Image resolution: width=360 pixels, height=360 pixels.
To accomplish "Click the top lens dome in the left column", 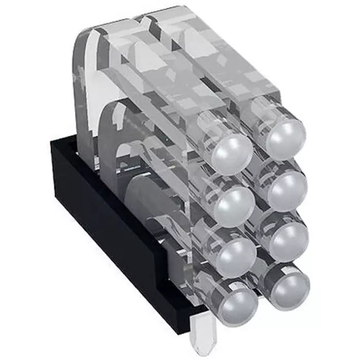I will (x=232, y=153).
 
